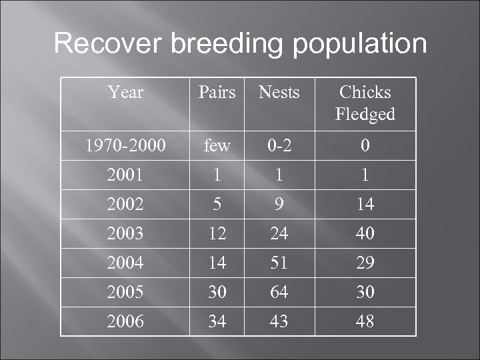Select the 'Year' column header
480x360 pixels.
pos(125,92)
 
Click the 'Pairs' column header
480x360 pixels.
pos(217,92)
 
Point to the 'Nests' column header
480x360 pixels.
pos(279,92)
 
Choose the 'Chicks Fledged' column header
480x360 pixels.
pos(365,103)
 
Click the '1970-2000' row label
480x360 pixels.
pos(125,145)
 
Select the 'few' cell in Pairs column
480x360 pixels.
pos(217,145)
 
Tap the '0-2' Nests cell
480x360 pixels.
pos(279,145)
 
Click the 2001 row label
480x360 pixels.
pos(125,175)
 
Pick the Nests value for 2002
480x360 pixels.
pos(279,204)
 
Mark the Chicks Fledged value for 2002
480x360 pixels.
pos(365,204)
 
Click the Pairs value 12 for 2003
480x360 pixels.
pos(217,233)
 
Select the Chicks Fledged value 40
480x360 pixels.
pos(365,233)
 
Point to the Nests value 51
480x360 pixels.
pos(279,263)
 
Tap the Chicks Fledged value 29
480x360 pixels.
pos(365,263)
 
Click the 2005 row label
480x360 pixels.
pos(125,292)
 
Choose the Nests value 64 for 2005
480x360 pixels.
pos(279,292)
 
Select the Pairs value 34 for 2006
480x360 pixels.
pos(217,321)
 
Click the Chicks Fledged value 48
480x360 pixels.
pos(365,321)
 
